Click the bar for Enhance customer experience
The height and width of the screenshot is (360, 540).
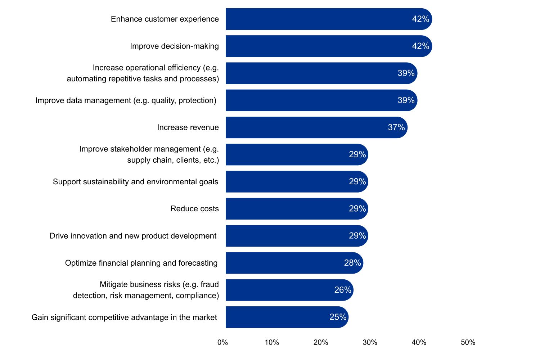coord(317,19)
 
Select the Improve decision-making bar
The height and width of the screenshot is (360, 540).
coord(317,46)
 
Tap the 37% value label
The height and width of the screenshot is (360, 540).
coord(396,127)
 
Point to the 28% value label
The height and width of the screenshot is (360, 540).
coord(352,263)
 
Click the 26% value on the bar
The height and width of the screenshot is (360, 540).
coord(343,290)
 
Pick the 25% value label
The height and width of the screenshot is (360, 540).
coord(338,317)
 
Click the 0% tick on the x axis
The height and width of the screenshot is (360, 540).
coord(222,342)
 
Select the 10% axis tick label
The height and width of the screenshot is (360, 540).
coord(272,342)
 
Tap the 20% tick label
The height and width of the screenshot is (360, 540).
coord(321,342)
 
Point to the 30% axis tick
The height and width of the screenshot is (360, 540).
coord(370,342)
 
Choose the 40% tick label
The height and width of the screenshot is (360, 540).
coord(419,342)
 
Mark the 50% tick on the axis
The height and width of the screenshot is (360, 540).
coord(468,342)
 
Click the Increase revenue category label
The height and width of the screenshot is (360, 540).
coord(188,127)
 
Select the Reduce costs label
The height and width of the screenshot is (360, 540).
coord(194,209)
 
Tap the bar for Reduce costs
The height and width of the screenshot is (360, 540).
coord(288,209)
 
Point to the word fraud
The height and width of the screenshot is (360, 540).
coord(210,284)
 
